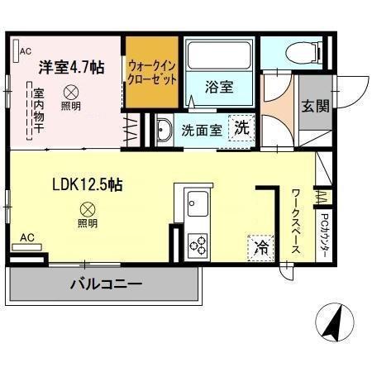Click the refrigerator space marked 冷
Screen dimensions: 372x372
[x=260, y=246]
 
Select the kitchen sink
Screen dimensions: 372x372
[x=199, y=202]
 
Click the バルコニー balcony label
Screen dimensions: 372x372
[x=105, y=284]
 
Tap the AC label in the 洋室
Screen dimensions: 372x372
[x=25, y=49]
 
